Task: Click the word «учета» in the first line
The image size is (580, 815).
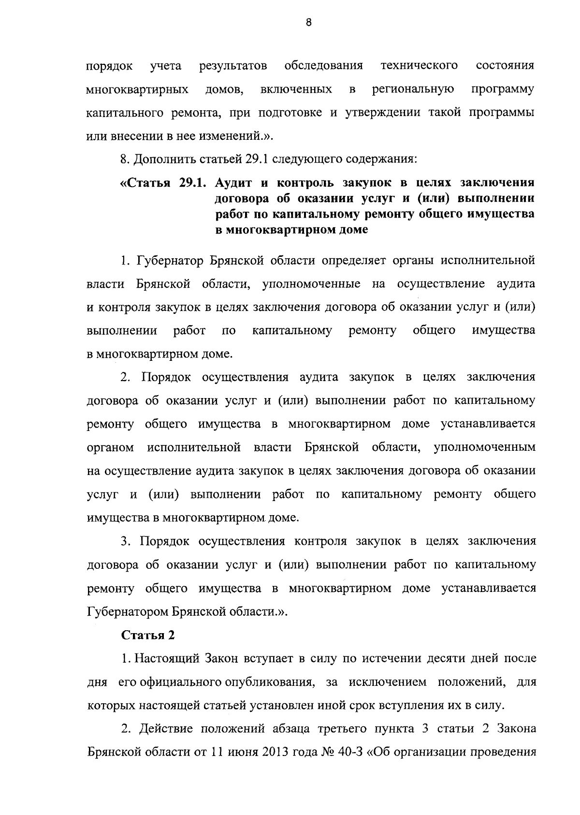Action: [x=166, y=66]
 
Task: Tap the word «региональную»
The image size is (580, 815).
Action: [x=413, y=90]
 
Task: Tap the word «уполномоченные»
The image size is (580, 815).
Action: [x=311, y=284]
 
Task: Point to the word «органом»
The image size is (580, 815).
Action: [x=110, y=447]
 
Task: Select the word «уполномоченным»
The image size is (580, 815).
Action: [x=485, y=447]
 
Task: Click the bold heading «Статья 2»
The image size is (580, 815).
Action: [x=147, y=635]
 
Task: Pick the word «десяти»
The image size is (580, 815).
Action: [x=434, y=659]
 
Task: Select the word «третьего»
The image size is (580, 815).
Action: [x=348, y=729]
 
